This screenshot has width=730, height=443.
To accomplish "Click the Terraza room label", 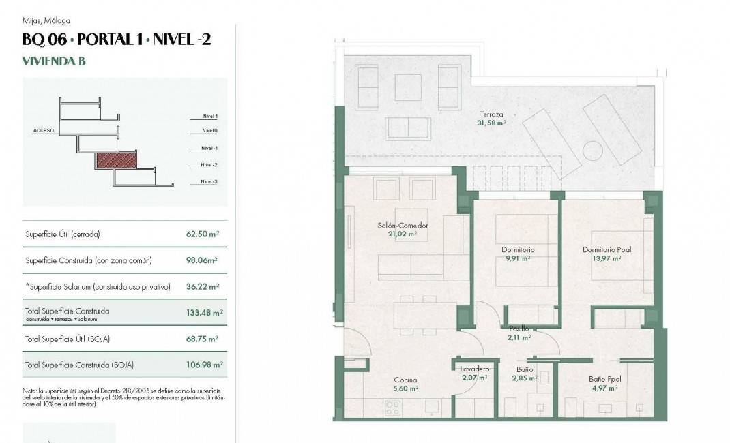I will click(x=491, y=115).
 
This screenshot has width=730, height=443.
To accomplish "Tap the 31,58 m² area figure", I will click(x=491, y=123).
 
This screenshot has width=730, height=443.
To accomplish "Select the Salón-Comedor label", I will click(x=403, y=226).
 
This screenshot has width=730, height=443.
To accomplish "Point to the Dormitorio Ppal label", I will click(x=607, y=250).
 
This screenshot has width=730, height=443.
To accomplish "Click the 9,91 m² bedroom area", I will click(x=518, y=259).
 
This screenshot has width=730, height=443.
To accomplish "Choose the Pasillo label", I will click(x=519, y=329).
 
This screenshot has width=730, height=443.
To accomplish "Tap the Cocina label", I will click(x=405, y=380).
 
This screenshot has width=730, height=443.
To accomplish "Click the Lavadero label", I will click(x=474, y=369).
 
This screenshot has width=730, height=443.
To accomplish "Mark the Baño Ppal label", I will click(x=605, y=379).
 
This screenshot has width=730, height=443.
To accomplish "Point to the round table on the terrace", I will click(x=592, y=149).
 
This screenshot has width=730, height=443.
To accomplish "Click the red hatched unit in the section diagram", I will click(x=117, y=161).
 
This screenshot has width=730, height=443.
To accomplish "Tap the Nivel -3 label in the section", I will click(x=209, y=182).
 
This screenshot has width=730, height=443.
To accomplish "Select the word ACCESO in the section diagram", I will click(x=43, y=129).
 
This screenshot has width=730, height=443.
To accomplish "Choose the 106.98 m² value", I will click(x=204, y=365).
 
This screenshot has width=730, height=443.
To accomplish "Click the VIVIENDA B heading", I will click(x=54, y=61).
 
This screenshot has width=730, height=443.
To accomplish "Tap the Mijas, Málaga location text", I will click(x=46, y=21).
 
